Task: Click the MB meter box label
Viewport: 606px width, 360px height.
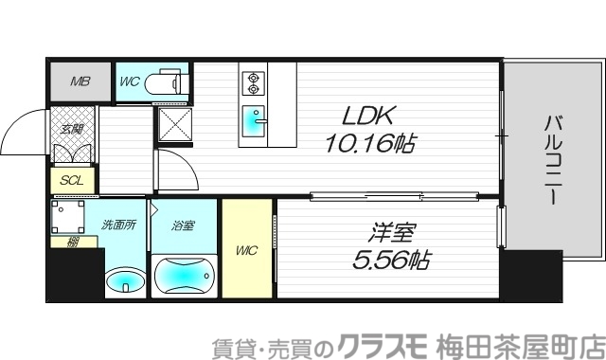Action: pos(80,81)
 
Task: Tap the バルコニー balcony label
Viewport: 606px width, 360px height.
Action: pos(550,162)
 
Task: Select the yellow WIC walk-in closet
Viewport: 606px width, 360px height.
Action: pos(247,250)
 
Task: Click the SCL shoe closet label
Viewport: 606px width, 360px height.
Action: pos(70,180)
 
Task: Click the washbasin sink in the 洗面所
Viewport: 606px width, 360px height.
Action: pos(124,281)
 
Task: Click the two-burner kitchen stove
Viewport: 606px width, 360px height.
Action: pos(253,83)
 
